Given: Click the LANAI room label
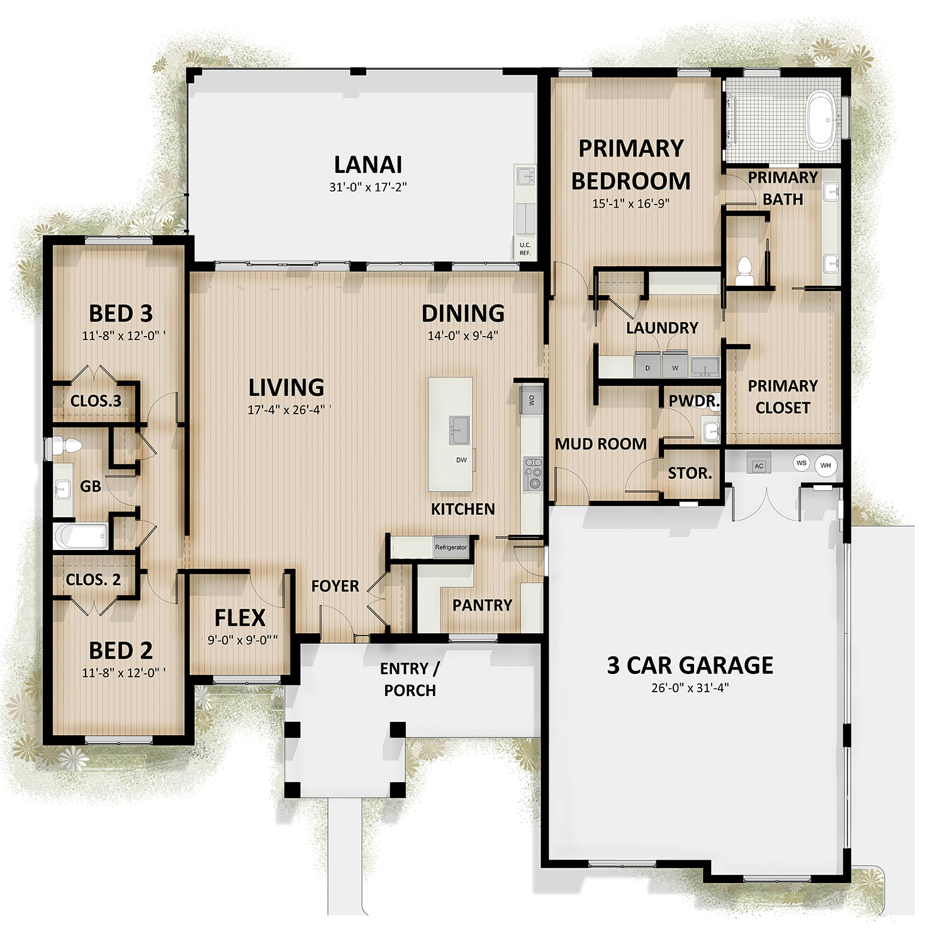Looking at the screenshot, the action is point(368,164).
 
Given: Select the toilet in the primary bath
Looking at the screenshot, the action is point(744,271).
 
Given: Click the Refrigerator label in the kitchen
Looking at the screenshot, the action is point(451,548).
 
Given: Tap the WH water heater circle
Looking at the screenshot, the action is point(826,466).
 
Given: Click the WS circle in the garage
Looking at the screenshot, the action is point(801,463).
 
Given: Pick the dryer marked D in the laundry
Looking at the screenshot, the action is point(648,366).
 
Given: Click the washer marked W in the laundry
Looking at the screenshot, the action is point(675,366).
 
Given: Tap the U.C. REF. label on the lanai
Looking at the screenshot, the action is point(525,249).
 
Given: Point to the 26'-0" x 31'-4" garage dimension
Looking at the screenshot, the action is point(690,688).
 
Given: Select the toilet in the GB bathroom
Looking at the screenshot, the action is point(66,446).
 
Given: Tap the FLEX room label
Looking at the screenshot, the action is point(240,618).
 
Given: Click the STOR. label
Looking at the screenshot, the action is point(690,473).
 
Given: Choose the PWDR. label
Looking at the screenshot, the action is point(694,401).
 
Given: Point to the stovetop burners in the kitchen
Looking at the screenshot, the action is point(533,472).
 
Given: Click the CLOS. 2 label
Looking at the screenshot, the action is point(93,580).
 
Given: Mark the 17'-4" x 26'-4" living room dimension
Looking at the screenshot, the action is point(286,410).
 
